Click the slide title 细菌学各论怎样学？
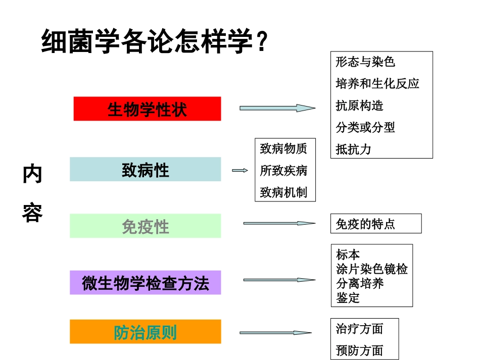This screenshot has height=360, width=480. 154,42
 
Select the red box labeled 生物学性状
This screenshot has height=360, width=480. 147,109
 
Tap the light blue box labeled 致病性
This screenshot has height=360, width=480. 146,170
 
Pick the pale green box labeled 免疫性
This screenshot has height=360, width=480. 146,226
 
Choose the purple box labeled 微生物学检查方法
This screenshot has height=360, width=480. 146,283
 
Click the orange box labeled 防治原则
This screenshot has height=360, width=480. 146,332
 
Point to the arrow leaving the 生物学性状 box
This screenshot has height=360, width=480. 277,108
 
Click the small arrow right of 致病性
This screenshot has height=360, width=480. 239,171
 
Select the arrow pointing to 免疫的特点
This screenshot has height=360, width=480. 279,223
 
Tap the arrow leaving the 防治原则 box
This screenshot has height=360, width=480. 275,333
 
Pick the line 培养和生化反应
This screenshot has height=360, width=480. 377,83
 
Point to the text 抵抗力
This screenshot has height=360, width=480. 353,149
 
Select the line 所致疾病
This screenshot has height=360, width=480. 283,171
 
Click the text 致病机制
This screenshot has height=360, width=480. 283,192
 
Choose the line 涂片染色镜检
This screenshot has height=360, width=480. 372,269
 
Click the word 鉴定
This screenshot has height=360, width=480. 348,298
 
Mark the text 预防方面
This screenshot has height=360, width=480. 360,350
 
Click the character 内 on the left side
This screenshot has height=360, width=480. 32,175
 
